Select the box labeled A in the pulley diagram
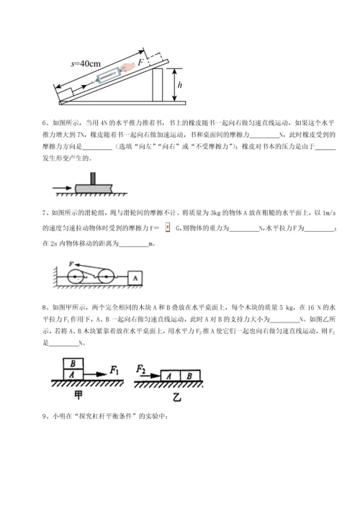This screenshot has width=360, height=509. pyautogui.click(x=133, y=275)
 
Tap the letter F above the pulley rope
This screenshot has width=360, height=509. pyautogui.click(x=71, y=264)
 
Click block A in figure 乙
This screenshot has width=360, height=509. pyautogui.click(x=168, y=374)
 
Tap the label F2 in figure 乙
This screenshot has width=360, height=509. pyautogui.click(x=142, y=369)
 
